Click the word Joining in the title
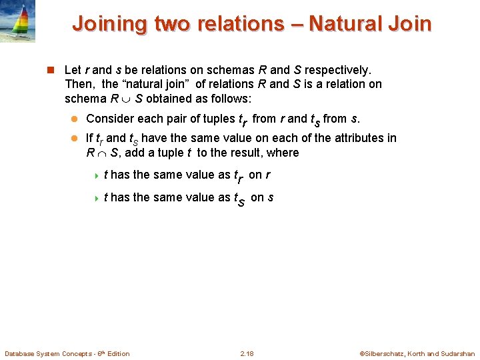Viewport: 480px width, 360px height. pos(109,24)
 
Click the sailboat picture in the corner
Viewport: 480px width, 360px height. pos(18,21)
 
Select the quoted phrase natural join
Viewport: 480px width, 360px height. pos(156,84)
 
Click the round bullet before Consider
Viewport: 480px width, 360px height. pos(75,119)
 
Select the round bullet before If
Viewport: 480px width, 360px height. pos(75,139)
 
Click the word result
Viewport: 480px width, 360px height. pos(245,153)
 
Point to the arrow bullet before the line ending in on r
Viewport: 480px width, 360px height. pos(96,175)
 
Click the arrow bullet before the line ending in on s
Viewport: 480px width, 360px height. pos(96,197)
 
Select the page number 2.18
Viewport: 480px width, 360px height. pos(246,353)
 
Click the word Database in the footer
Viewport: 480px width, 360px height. pos(21,353)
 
